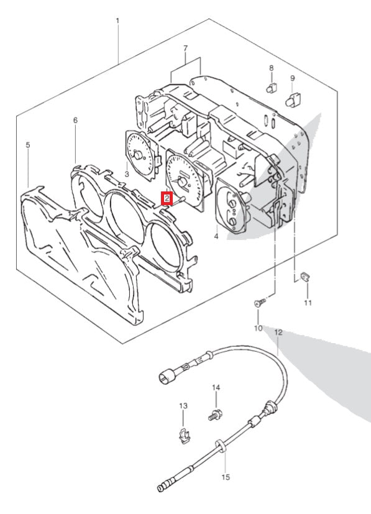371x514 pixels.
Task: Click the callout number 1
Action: point(117,21)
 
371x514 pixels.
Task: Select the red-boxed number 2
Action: point(167,198)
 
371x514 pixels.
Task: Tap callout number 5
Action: point(28,145)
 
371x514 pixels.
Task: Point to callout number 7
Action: point(185,48)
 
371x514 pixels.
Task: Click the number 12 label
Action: point(278,333)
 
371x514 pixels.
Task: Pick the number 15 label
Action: point(226,477)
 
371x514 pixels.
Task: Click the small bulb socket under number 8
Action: point(272,88)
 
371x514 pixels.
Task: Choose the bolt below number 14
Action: point(215,416)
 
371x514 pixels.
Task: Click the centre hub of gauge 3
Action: point(139,155)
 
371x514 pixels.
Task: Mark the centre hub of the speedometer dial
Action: point(182,182)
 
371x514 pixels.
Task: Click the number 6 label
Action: point(75,121)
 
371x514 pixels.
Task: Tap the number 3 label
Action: point(127,174)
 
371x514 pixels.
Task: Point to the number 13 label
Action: point(183,406)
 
